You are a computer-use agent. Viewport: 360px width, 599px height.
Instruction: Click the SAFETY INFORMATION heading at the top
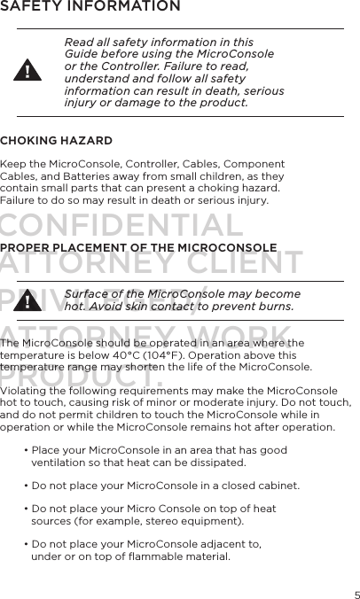pyautogui.click(x=90, y=8)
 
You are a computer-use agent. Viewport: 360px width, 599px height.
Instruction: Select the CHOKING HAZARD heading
pyautogui.click(x=56, y=141)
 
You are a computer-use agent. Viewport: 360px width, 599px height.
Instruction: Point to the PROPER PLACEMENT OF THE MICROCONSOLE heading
pyautogui.click(x=139, y=247)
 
